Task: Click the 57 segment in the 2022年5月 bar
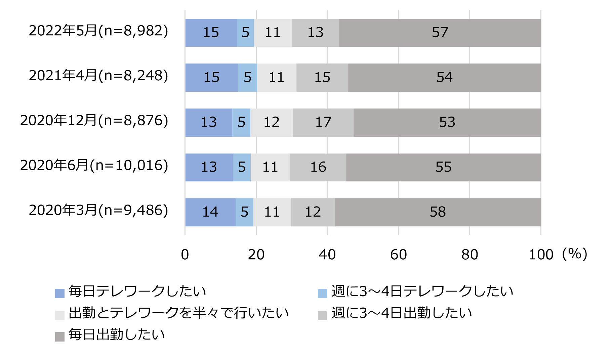440,33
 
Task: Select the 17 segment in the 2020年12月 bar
323,122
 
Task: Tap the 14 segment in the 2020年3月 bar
210,212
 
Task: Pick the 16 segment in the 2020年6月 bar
318,167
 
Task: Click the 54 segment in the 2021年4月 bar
444,78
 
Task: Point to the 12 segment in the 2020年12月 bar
272,122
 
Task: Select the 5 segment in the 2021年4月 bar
248,78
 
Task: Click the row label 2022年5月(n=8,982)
98,31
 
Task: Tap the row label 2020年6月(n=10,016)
94,166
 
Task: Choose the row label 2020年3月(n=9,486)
98,210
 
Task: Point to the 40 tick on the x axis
327,255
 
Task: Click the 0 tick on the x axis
185,255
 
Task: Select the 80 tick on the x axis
469,255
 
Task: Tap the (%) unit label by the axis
575,254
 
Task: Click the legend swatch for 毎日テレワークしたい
60,293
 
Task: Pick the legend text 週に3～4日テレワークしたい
422,291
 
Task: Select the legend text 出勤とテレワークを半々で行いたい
179,313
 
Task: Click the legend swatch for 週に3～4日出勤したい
323,315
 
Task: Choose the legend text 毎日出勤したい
117,335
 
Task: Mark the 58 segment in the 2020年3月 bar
438,212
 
